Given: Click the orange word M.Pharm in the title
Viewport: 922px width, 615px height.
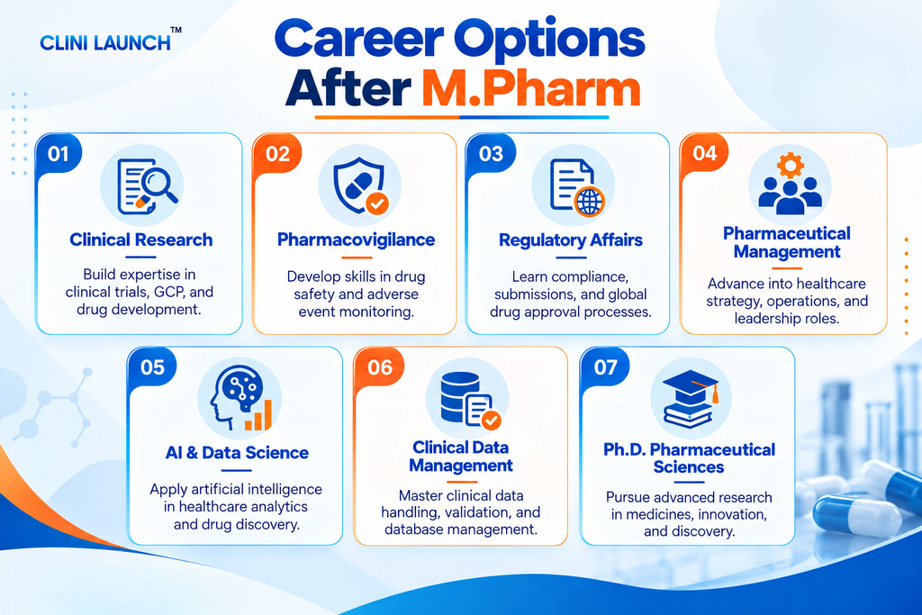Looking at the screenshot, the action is pos(531,89).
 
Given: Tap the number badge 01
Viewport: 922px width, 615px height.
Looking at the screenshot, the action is pos(59,154).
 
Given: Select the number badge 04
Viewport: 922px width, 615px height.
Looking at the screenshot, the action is pos(704,153).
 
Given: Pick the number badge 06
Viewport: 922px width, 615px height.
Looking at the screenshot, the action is pos(379,367).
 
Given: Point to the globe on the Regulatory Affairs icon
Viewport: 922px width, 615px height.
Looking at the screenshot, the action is pos(589,202).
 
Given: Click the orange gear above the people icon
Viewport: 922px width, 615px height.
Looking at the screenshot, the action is pos(790,165).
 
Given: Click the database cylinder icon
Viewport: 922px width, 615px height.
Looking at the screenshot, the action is pos(460,397).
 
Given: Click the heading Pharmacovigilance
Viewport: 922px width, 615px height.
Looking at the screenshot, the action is pos(356,240).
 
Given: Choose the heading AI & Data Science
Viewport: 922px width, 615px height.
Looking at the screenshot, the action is pos(237,453).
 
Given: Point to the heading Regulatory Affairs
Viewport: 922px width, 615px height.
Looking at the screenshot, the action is pos(570,240).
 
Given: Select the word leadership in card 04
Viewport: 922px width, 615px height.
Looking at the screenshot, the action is pos(763,319).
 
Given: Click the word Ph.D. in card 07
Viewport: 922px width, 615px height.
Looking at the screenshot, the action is pos(624,450).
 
